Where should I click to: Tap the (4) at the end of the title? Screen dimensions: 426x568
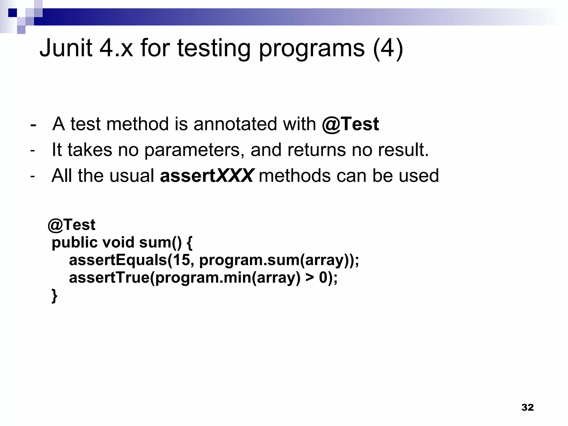point(388,49)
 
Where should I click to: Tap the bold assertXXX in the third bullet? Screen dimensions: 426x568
point(206,176)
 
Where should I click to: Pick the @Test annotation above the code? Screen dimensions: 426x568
point(72,224)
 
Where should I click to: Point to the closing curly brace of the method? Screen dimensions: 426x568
point(54,296)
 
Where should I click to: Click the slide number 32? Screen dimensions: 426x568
point(527,407)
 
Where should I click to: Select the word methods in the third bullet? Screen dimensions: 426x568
point(295,176)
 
